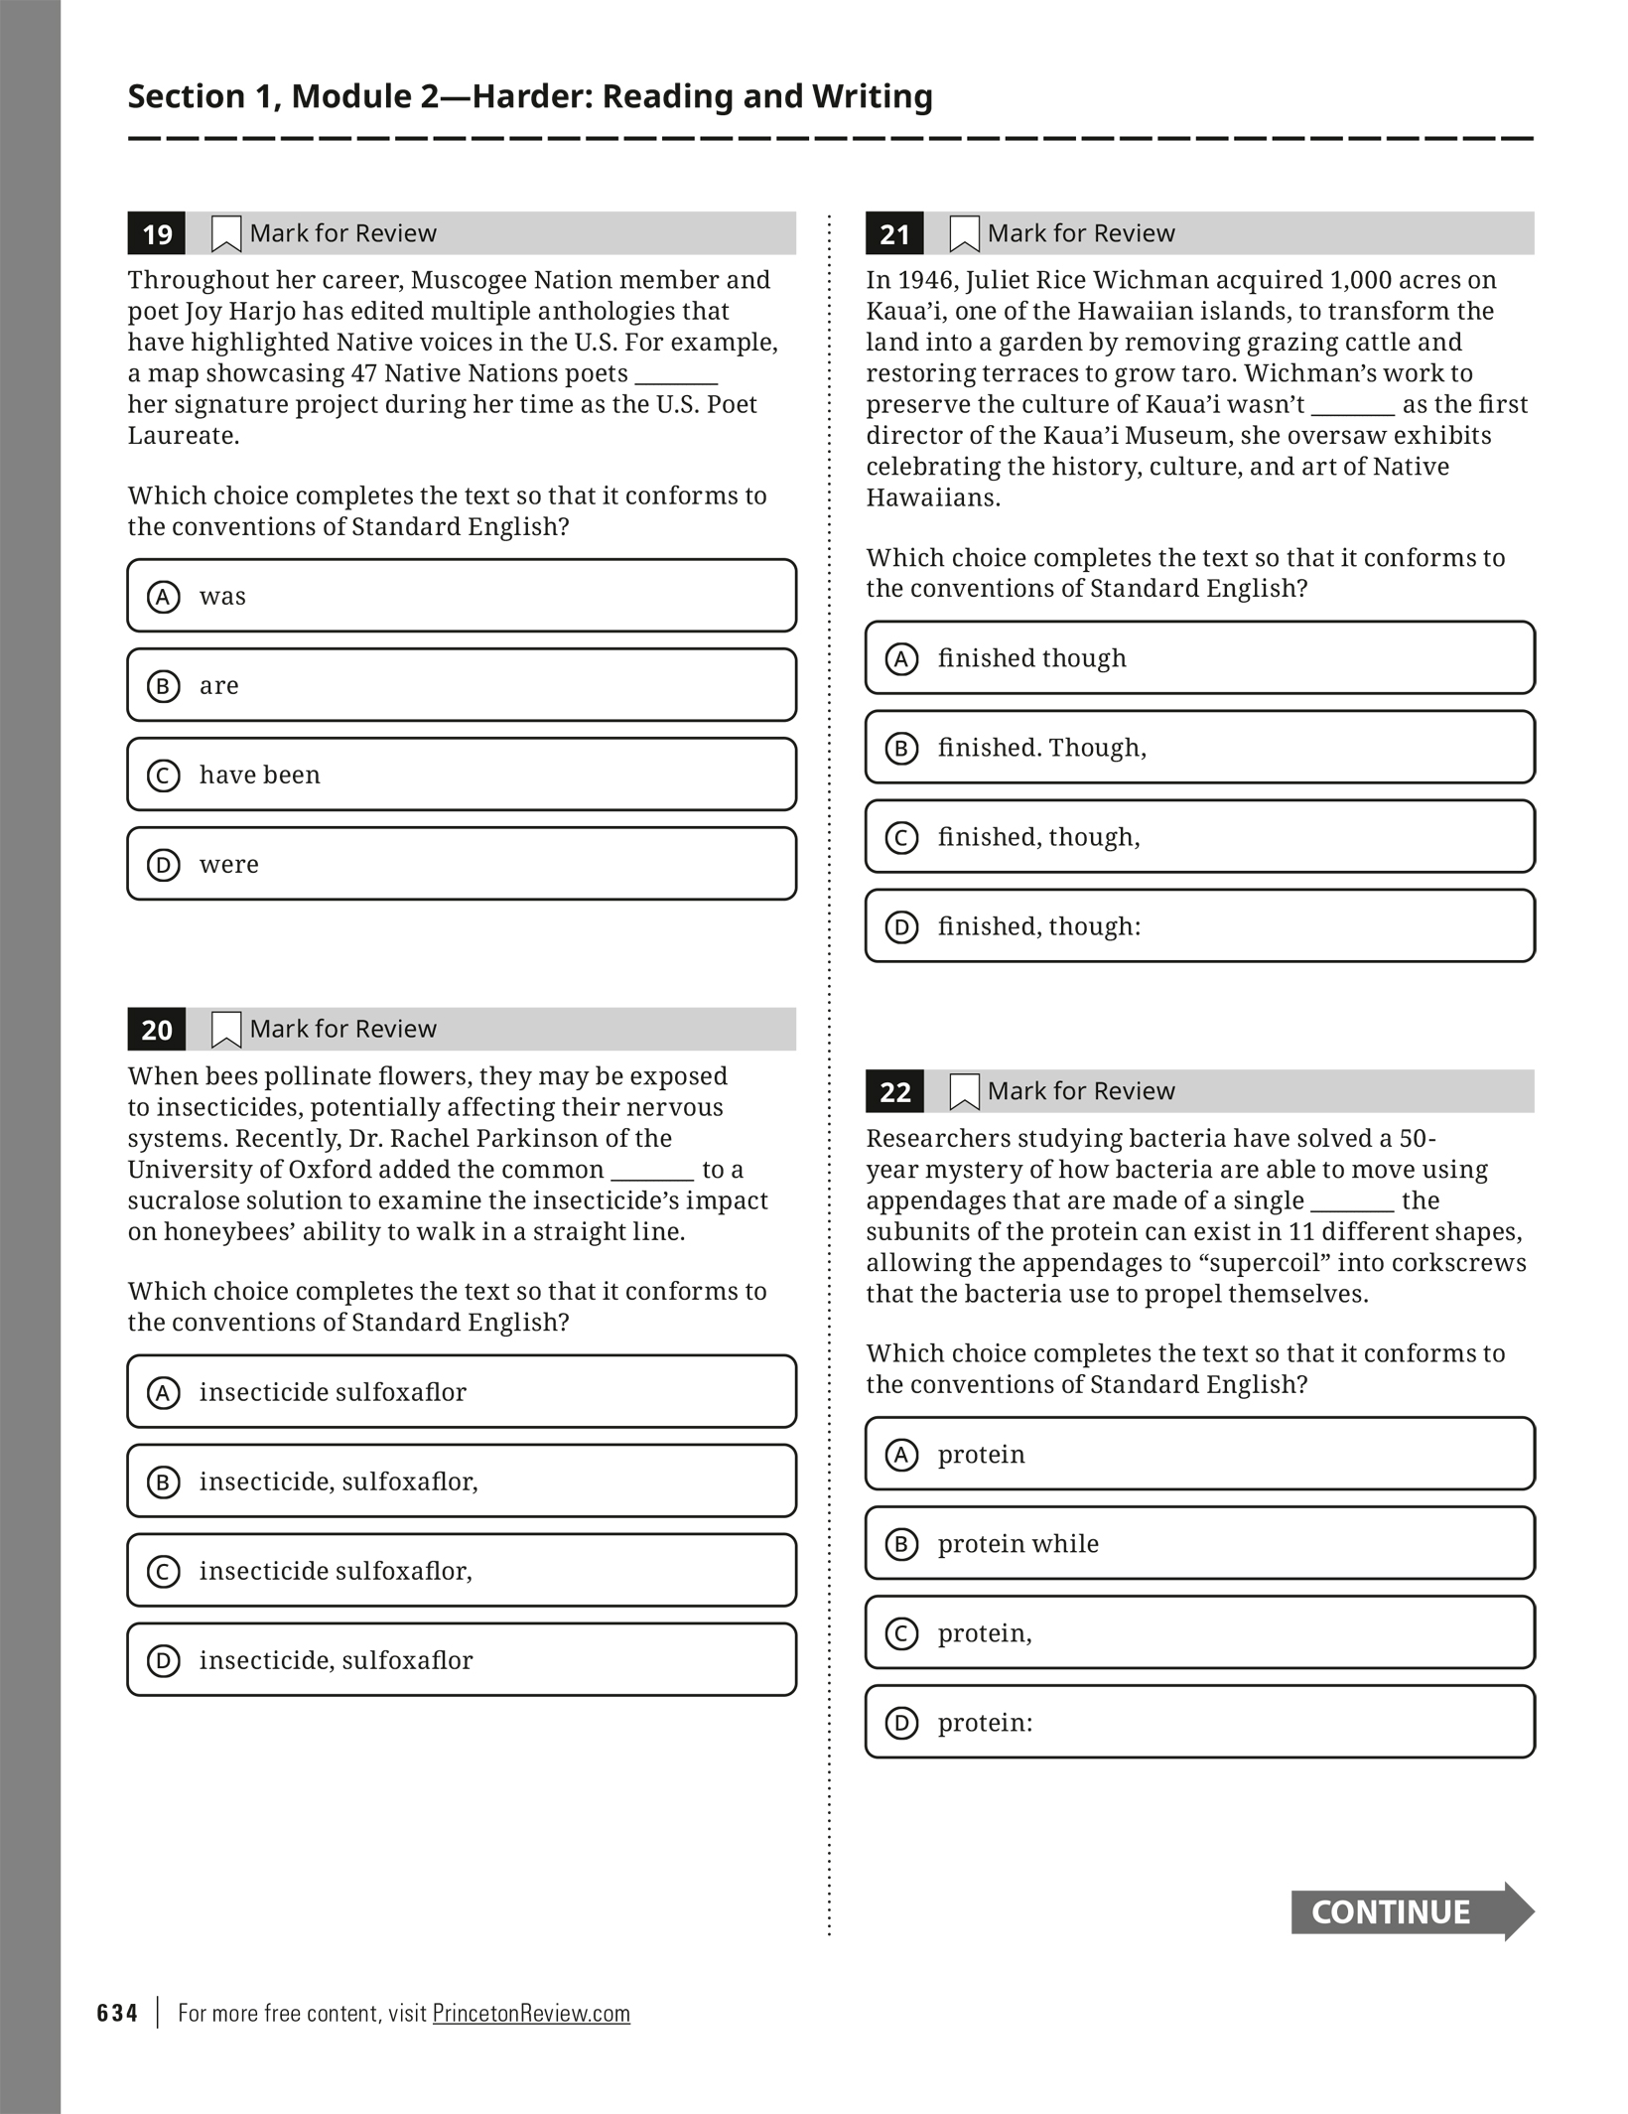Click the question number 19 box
pos(157,234)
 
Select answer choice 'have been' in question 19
pos(462,775)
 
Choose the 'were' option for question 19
pos(462,864)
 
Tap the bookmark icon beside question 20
pos(226,1030)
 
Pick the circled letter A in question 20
pos(164,1392)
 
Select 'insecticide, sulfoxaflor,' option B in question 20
pos(462,1481)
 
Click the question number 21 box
pos(894,234)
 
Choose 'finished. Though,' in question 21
pos(1199,748)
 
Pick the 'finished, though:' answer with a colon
pos(1199,926)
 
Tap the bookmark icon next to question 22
pos(964,1092)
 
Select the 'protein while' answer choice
pos(1199,1544)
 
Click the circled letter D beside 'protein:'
pos(901,1723)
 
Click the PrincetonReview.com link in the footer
pos(531,2013)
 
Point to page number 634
pos(117,2013)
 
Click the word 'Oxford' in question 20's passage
pos(323,1169)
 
